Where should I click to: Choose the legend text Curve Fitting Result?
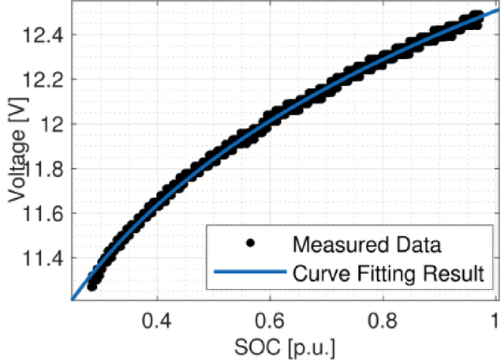[x=388, y=275]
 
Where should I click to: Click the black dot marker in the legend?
[x=249, y=242]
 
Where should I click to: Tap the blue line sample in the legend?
[x=249, y=275]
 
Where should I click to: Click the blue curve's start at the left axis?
[x=73, y=299]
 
